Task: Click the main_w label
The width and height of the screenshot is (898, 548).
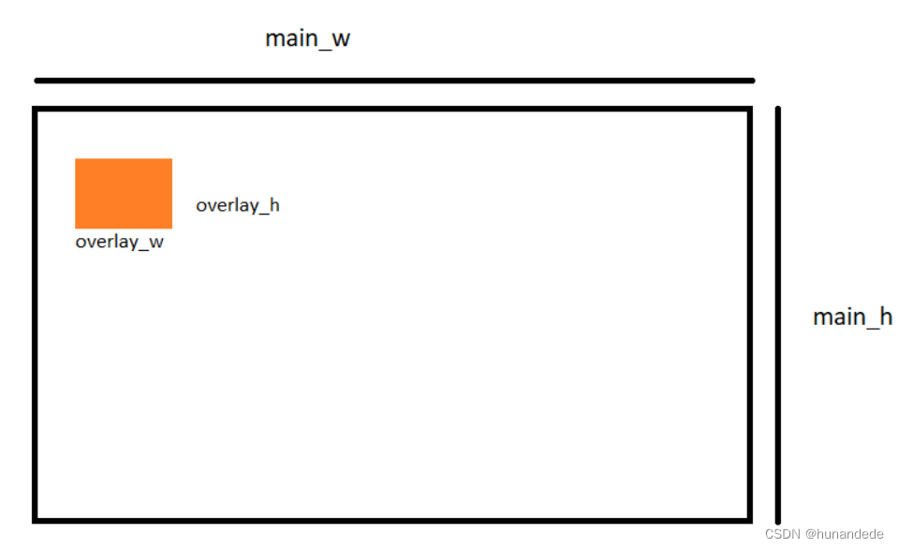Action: [x=307, y=39]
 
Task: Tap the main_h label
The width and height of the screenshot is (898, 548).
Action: [x=852, y=317]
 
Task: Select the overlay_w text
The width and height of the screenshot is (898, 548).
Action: [x=120, y=242]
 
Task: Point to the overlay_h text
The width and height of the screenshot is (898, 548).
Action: [x=238, y=205]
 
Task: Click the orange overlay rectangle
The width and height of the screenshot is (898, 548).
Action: [x=124, y=193]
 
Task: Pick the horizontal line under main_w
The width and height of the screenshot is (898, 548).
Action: [x=393, y=81]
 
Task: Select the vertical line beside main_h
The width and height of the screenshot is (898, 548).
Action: [x=778, y=315]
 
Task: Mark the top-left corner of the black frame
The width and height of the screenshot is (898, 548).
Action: [x=36, y=110]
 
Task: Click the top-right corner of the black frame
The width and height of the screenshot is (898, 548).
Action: [x=749, y=110]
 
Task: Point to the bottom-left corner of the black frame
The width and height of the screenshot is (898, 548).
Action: [x=36, y=519]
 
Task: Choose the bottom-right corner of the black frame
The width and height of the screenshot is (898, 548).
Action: [x=749, y=519]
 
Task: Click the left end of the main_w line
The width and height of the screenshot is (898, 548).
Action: [x=37, y=81]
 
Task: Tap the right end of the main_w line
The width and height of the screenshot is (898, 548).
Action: [x=752, y=81]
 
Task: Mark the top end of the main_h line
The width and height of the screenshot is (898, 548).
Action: [x=778, y=109]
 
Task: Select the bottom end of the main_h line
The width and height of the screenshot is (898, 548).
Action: [x=778, y=522]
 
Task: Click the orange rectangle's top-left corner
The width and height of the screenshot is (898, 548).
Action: [x=76, y=159]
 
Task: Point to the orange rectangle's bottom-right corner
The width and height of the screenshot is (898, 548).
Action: [x=171, y=228]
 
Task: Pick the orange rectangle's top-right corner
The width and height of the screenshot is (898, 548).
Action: [x=171, y=159]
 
